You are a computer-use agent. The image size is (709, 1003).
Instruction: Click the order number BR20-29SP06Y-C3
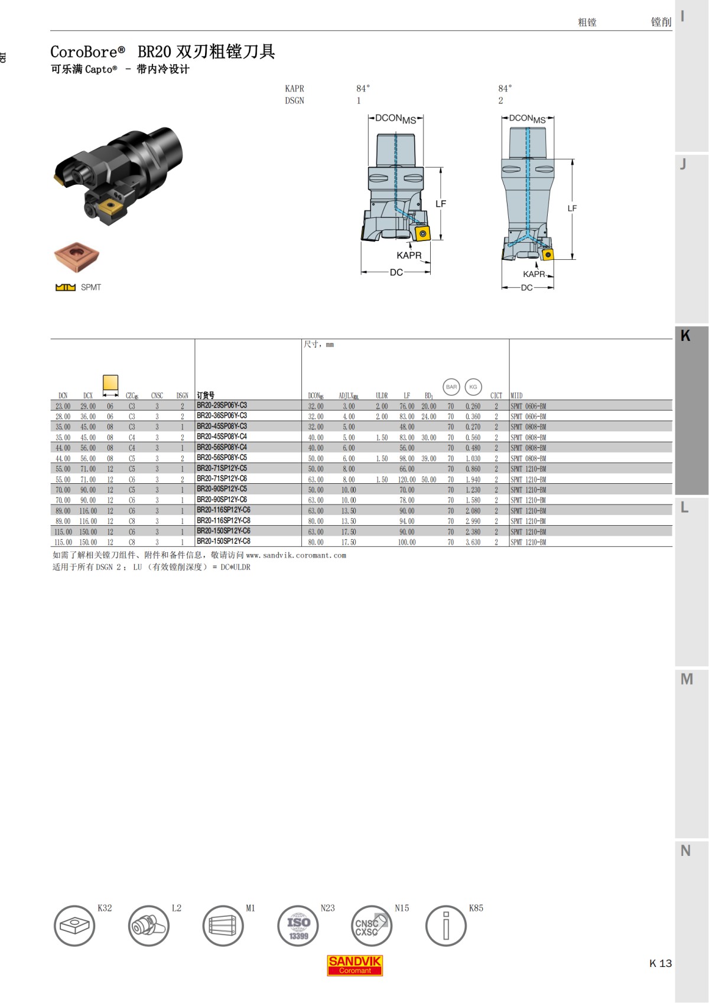[222, 406]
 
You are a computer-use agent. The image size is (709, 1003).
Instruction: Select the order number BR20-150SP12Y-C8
[223, 542]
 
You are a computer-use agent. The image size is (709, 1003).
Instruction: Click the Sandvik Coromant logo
[355, 965]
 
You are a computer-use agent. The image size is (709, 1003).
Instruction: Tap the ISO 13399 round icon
[298, 926]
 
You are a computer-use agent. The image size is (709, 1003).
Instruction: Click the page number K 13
[660, 963]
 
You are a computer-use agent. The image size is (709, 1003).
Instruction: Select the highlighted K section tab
[691, 411]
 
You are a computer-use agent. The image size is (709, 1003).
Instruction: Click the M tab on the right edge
[687, 679]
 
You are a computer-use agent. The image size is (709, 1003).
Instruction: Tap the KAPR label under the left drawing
[409, 256]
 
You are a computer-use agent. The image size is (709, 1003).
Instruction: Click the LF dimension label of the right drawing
[572, 209]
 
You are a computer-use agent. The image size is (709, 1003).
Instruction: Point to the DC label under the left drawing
[396, 272]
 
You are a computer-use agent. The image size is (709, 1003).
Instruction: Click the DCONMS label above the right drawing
[527, 119]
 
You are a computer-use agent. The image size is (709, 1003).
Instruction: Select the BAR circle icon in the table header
[451, 387]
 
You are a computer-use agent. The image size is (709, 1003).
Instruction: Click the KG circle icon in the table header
[473, 387]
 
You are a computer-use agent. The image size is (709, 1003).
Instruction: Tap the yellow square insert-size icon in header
[110, 382]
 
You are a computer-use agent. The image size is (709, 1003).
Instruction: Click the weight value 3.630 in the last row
[473, 542]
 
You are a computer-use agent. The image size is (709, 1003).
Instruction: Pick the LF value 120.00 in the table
[406, 480]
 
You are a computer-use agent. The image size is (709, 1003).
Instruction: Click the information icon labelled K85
[446, 926]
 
